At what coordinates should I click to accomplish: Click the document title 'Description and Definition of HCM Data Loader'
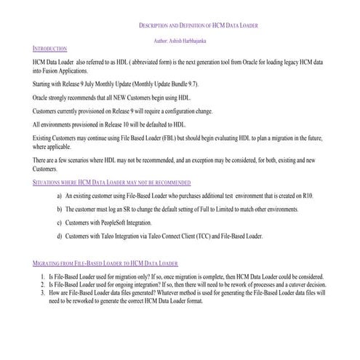click(x=198, y=26)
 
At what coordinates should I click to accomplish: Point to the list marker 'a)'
click(x=59, y=196)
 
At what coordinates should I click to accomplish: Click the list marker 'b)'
click(x=59, y=209)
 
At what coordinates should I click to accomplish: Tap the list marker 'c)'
click(x=59, y=223)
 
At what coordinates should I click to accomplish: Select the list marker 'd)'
click(x=59, y=236)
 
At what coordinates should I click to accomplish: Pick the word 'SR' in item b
click(x=127, y=209)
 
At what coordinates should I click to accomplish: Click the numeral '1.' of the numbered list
click(x=43, y=277)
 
